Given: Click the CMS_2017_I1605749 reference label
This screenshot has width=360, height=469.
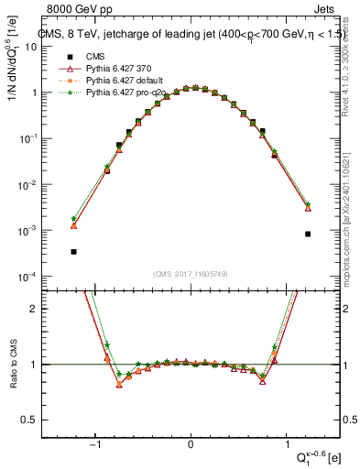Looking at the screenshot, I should (191, 274).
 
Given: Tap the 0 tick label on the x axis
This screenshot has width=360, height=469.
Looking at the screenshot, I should (191, 444).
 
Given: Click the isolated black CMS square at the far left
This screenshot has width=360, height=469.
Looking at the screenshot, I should (73, 251).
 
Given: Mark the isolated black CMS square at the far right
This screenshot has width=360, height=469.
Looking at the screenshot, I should (308, 234).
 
